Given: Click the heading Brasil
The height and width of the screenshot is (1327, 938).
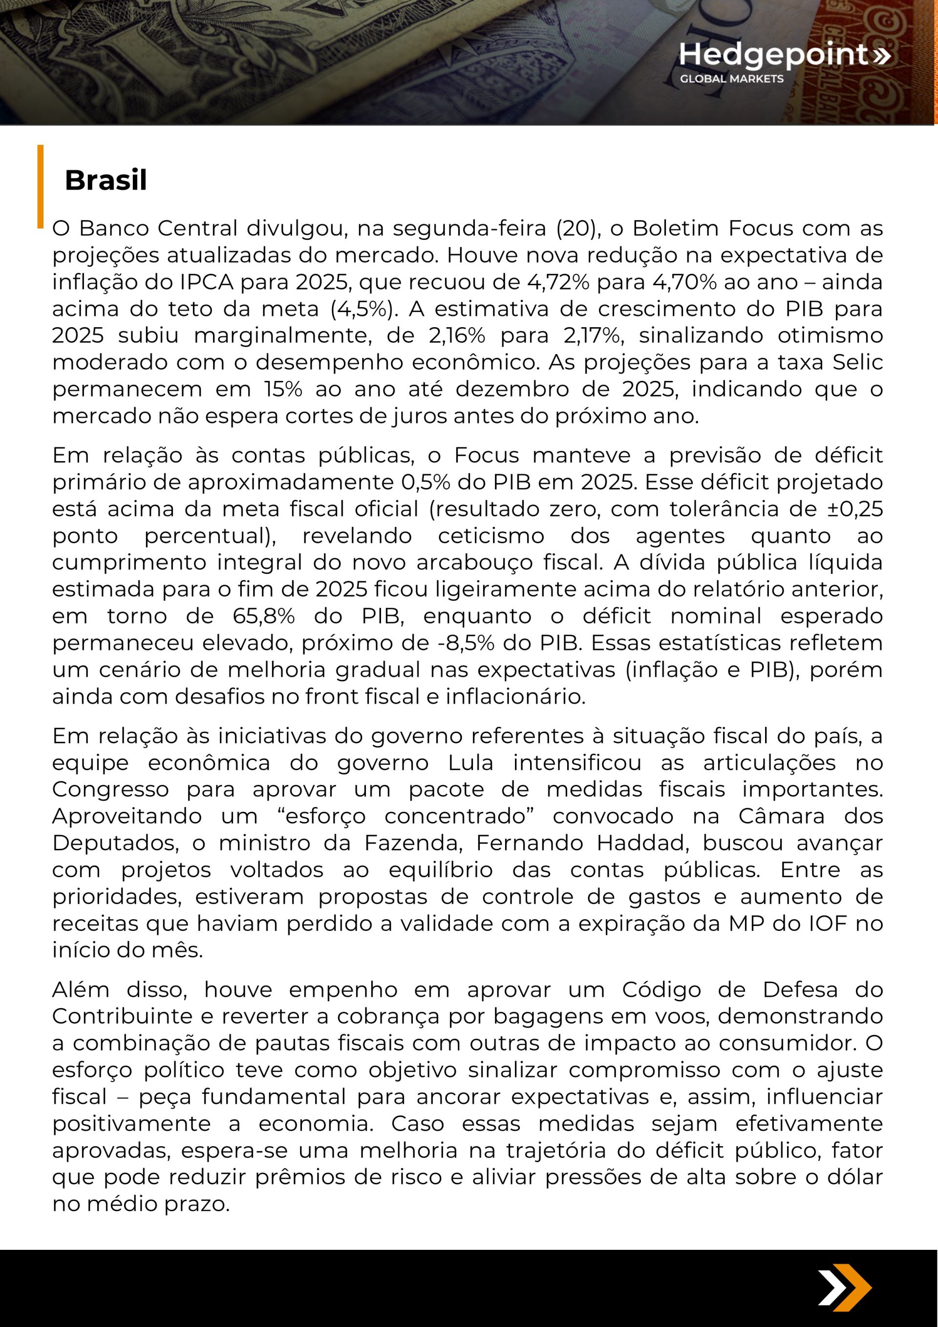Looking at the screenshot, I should point(106,180).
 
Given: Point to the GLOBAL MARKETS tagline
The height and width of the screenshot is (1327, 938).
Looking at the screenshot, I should point(731,79).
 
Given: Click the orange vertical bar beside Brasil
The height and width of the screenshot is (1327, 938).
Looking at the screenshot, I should point(41,186).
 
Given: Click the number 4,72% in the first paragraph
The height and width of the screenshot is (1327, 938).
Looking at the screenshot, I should point(558,282).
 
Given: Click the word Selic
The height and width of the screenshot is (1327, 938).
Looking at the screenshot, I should point(857,362).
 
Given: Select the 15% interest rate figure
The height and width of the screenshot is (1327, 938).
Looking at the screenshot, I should point(283,389).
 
